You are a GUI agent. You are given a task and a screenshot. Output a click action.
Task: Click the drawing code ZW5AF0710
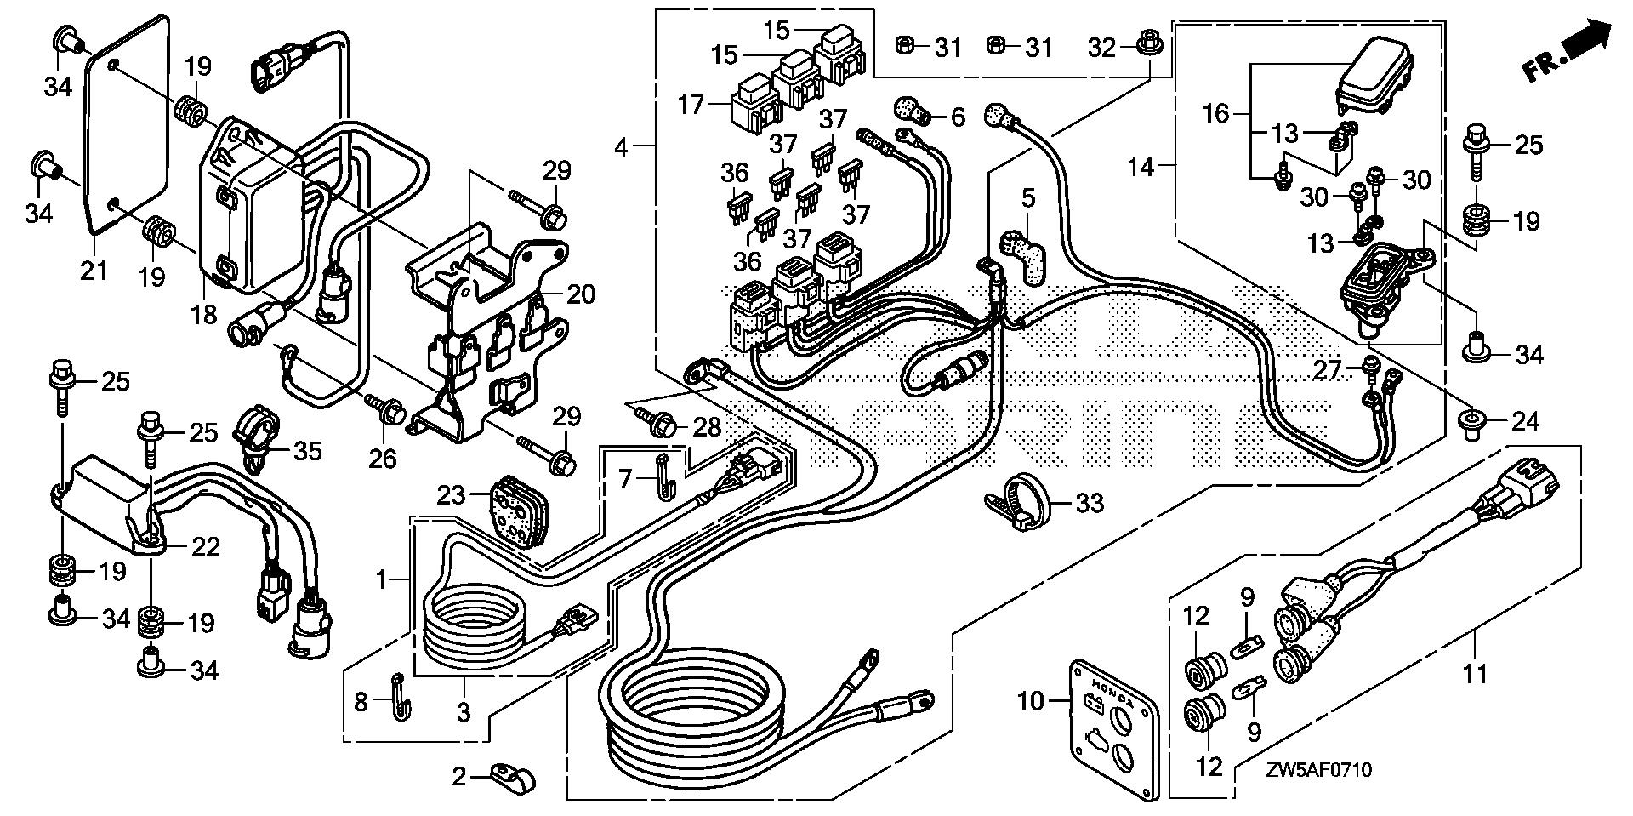tap(1317, 771)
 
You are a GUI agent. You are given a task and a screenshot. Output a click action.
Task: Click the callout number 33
tap(1090, 503)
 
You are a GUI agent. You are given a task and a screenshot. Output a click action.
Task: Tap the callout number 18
tap(204, 314)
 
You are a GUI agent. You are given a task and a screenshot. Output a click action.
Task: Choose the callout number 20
tap(582, 294)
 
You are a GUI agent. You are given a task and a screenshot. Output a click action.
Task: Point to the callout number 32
tap(1101, 48)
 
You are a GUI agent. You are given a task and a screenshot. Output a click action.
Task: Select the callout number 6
tap(958, 117)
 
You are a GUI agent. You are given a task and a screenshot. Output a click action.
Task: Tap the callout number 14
tap(1141, 168)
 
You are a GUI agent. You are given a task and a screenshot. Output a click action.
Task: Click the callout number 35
tap(307, 450)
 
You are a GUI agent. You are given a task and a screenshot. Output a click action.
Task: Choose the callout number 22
tap(205, 545)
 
